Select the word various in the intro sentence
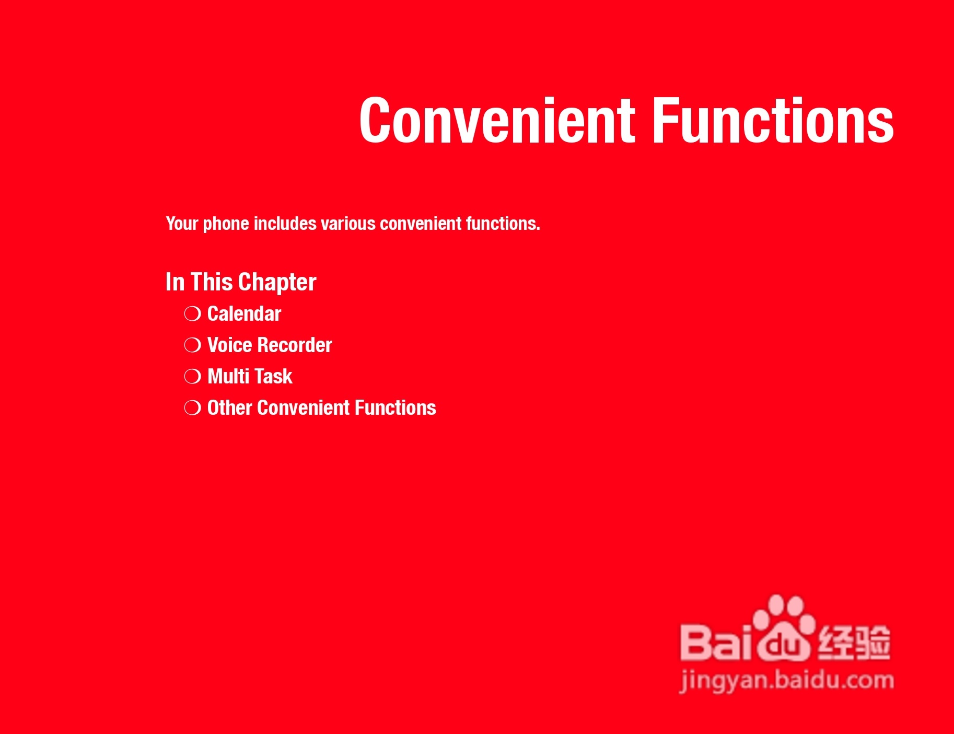tap(348, 224)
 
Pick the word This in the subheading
tap(211, 282)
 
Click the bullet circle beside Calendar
tap(192, 314)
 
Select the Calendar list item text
tap(244, 314)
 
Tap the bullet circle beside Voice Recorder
tap(192, 345)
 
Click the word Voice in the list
tap(229, 345)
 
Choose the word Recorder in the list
tap(295, 345)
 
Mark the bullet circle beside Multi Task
tap(192, 377)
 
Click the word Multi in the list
tap(228, 377)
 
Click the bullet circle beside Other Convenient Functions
tap(192, 408)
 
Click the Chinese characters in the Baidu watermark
tap(854, 642)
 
